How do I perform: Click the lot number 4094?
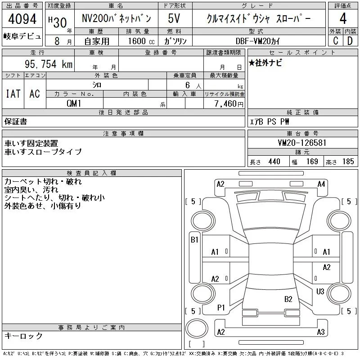pyautogui.click(x=22, y=19)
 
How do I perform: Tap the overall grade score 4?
pyautogui.click(x=343, y=18)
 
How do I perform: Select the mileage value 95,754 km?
pyautogui.click(x=49, y=64)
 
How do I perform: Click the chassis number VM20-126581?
pyautogui.click(x=302, y=143)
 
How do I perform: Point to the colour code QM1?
pyautogui.click(x=74, y=103)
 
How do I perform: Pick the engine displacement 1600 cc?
pyautogui.click(x=141, y=41)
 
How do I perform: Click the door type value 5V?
pyautogui.click(x=174, y=18)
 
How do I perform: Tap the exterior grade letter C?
pyautogui.click(x=335, y=41)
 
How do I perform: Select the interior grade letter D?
pyautogui.click(x=350, y=41)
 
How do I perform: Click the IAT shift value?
pyautogui.click(x=13, y=94)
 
